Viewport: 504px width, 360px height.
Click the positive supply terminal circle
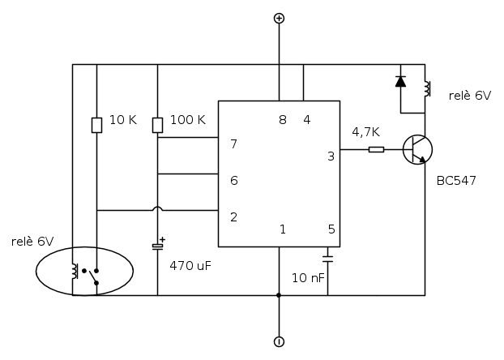279,18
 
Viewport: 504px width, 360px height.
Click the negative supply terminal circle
279,342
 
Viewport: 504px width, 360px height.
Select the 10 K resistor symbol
96,124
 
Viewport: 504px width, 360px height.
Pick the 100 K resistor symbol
157,124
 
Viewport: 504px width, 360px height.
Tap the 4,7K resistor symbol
376,149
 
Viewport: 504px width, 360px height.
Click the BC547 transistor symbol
418,149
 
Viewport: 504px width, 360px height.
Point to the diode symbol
400,81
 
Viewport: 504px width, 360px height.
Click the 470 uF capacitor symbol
157,244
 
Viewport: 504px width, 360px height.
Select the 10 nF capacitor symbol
327,259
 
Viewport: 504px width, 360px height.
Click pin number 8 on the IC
282,120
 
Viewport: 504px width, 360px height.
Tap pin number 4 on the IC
307,120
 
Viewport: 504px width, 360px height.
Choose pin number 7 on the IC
233,144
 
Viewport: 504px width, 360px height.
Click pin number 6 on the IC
233,180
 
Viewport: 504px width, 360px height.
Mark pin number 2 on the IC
233,216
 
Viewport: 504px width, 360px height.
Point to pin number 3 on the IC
331,156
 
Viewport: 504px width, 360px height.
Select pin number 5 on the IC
331,229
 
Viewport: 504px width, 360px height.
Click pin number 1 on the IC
282,229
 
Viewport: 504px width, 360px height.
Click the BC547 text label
456,180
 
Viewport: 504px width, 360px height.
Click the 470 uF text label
190,265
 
